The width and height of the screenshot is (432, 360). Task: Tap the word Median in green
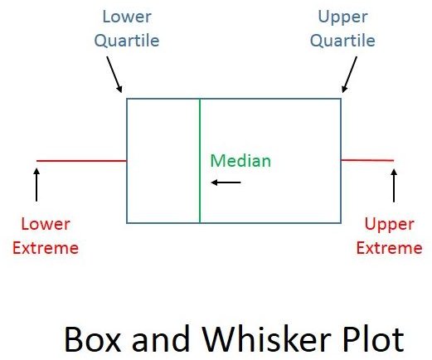point(240,161)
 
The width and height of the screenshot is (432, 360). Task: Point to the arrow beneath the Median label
point(226,182)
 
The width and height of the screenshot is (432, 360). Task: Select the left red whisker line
point(81,161)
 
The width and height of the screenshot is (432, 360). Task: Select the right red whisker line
point(367,160)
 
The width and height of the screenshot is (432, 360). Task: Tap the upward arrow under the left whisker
point(36,184)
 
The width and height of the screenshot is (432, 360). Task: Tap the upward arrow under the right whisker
point(394,185)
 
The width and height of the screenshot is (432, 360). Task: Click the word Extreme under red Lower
point(50,247)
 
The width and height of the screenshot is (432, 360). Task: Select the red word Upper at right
point(388,224)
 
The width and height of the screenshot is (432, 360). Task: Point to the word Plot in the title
point(372,340)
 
